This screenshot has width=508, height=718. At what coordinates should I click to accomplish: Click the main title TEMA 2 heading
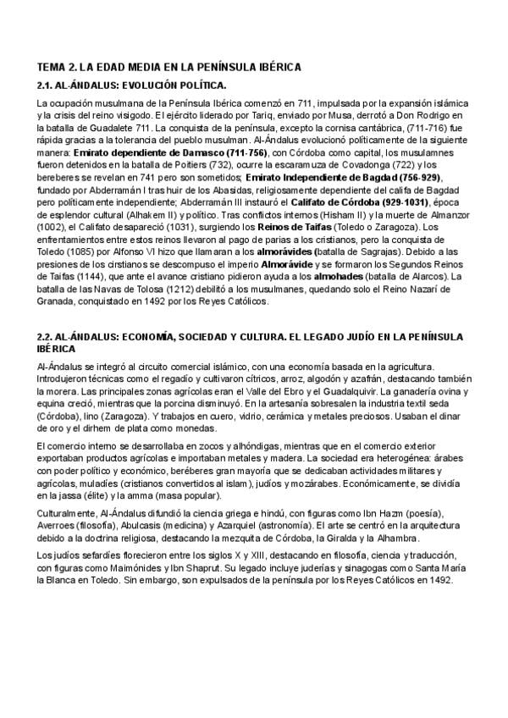tap(169, 66)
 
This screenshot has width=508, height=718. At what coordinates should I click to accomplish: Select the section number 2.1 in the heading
tap(47, 86)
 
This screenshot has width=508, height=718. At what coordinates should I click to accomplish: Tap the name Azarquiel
tap(246, 526)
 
